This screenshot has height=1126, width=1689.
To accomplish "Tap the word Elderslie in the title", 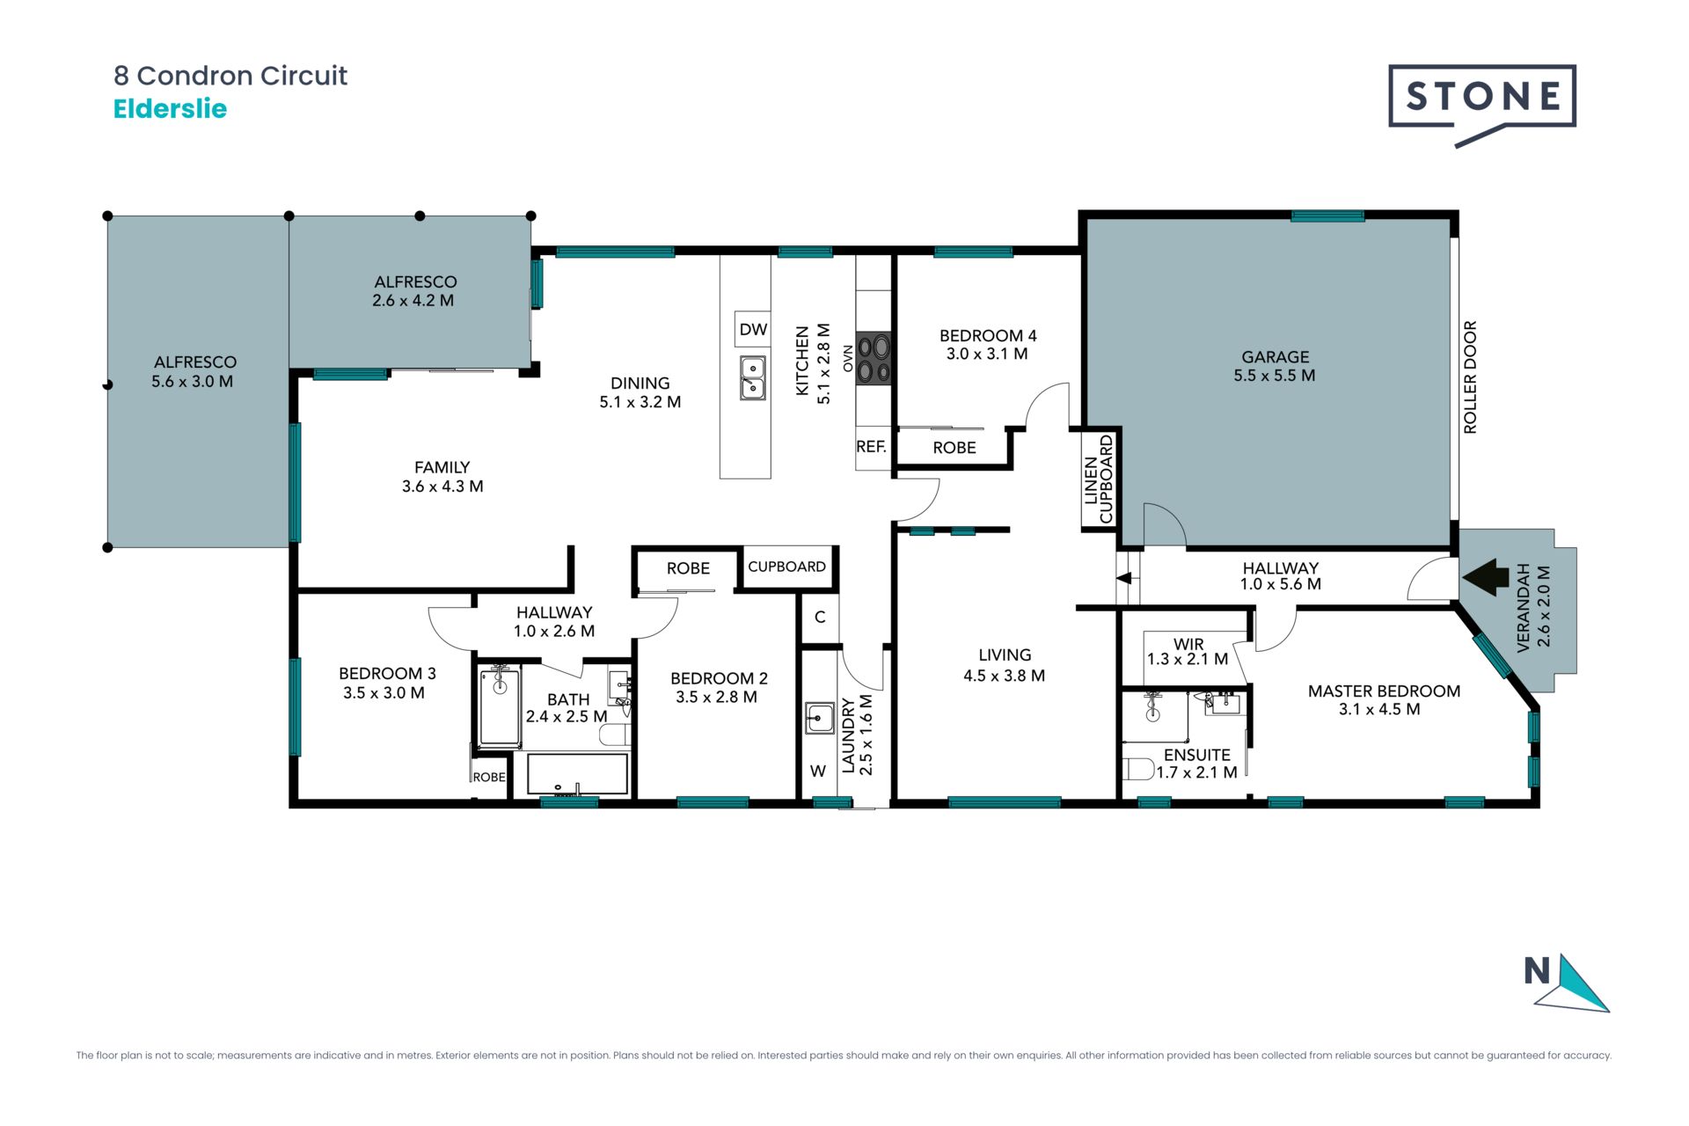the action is (x=171, y=109).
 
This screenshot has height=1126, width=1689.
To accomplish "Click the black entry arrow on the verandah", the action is (x=1485, y=578).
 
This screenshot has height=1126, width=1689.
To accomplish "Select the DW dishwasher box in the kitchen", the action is (x=753, y=329).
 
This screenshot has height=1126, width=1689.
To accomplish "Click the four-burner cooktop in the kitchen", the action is (x=874, y=359).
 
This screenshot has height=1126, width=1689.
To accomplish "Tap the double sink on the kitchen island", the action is (x=752, y=378).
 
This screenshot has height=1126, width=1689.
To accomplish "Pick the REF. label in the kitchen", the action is (x=871, y=447).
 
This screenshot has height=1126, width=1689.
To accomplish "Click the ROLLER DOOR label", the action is (x=1470, y=377).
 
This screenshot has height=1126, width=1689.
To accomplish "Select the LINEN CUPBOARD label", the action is (x=1099, y=479).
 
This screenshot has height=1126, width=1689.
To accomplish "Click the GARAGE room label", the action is (x=1275, y=356).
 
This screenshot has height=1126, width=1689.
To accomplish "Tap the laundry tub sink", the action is (x=820, y=718).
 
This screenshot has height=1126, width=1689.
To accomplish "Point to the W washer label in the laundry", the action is (x=818, y=771).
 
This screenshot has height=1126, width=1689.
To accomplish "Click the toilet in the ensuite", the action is (x=1139, y=769).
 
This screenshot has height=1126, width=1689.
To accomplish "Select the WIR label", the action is (x=1188, y=644).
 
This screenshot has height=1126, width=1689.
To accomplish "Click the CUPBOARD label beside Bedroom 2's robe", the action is (x=786, y=567).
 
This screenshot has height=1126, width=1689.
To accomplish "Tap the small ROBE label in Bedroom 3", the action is (x=489, y=778).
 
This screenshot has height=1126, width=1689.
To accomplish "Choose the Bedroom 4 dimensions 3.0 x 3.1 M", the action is (x=987, y=354).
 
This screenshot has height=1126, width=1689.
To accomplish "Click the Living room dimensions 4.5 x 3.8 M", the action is (x=1004, y=676).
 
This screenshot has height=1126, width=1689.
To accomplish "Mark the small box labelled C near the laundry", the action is (x=820, y=618).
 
